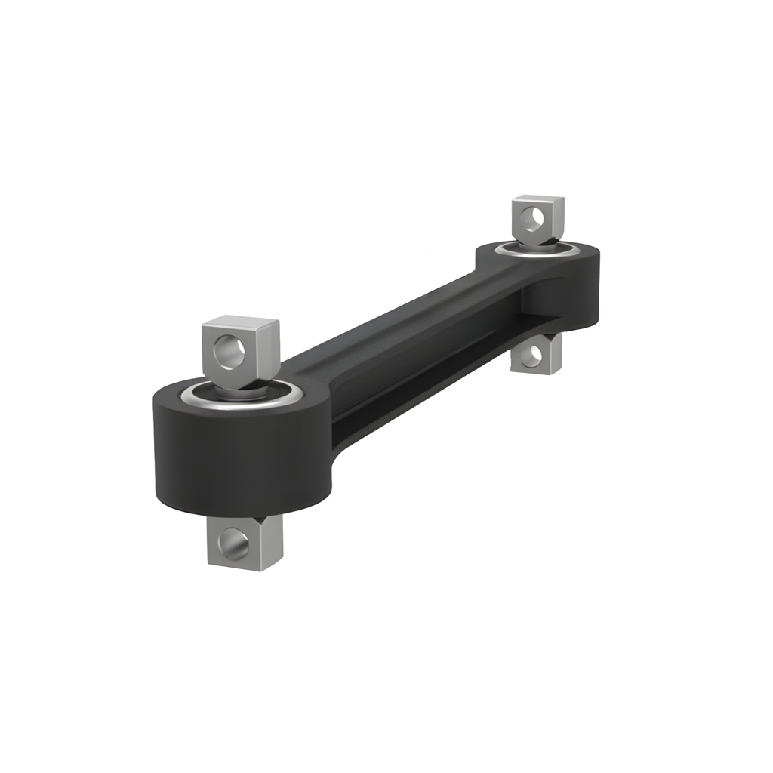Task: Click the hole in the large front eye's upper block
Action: [228, 352]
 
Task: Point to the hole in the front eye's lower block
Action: [233, 542]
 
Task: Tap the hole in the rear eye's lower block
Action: [531, 355]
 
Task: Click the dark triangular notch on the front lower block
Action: [261, 519]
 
